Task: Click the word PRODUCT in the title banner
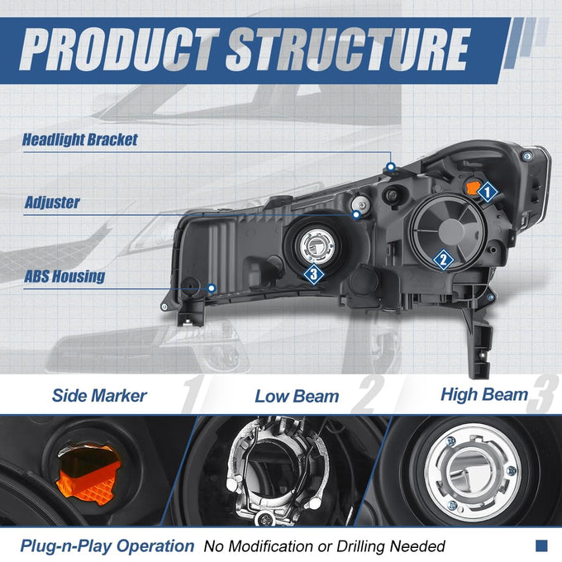(119, 50)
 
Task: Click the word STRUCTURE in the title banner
(348, 50)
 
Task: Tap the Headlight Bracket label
(80, 140)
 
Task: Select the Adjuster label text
(52, 202)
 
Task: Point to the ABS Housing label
(64, 276)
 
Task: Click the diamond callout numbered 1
(487, 192)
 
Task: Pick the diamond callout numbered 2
(443, 260)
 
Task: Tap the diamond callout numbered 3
(314, 274)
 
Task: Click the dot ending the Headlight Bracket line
(391, 167)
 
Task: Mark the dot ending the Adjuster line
(356, 215)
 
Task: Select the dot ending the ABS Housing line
(212, 288)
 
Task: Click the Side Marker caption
(99, 396)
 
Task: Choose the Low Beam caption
(297, 397)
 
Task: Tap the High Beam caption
(484, 394)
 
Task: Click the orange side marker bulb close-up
(88, 474)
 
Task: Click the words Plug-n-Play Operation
(107, 546)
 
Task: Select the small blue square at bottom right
(541, 545)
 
